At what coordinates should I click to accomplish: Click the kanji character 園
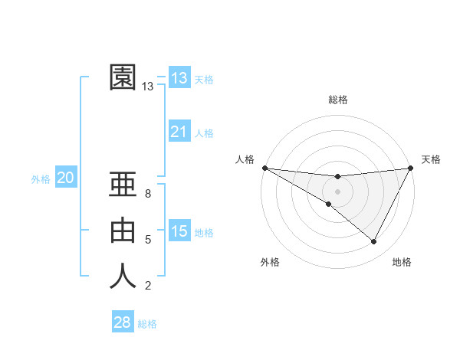click(x=123, y=77)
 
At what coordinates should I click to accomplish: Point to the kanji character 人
click(x=123, y=276)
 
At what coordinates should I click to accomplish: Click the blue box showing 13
click(x=179, y=77)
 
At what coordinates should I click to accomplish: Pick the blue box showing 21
click(x=179, y=132)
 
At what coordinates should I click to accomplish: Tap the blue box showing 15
click(x=179, y=231)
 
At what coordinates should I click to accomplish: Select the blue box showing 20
click(x=66, y=178)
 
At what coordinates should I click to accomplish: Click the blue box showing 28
click(x=123, y=322)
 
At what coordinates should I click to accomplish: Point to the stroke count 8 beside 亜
click(x=147, y=195)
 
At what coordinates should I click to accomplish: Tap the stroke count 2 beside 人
click(x=147, y=286)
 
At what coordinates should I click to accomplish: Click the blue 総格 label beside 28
click(x=147, y=324)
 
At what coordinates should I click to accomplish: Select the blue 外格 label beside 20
click(x=41, y=179)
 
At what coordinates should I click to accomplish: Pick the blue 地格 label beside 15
click(x=204, y=233)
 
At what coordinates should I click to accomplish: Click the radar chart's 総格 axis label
click(x=337, y=100)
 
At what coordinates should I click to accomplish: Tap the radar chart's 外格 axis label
click(x=270, y=263)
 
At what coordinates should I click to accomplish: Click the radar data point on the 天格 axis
click(x=410, y=168)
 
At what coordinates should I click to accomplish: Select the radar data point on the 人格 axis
click(x=264, y=168)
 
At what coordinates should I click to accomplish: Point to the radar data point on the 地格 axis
click(x=374, y=242)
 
